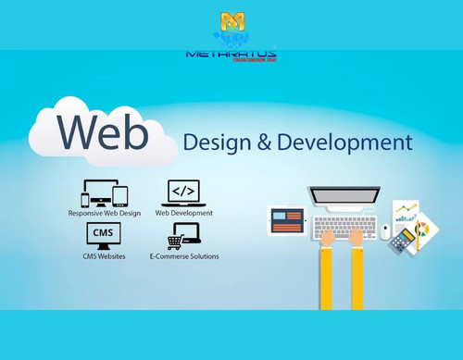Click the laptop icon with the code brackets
coord(182,192)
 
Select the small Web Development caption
coord(183,213)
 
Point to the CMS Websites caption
coord(102,255)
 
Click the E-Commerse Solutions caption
coord(183,255)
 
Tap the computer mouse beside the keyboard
coord(385,231)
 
